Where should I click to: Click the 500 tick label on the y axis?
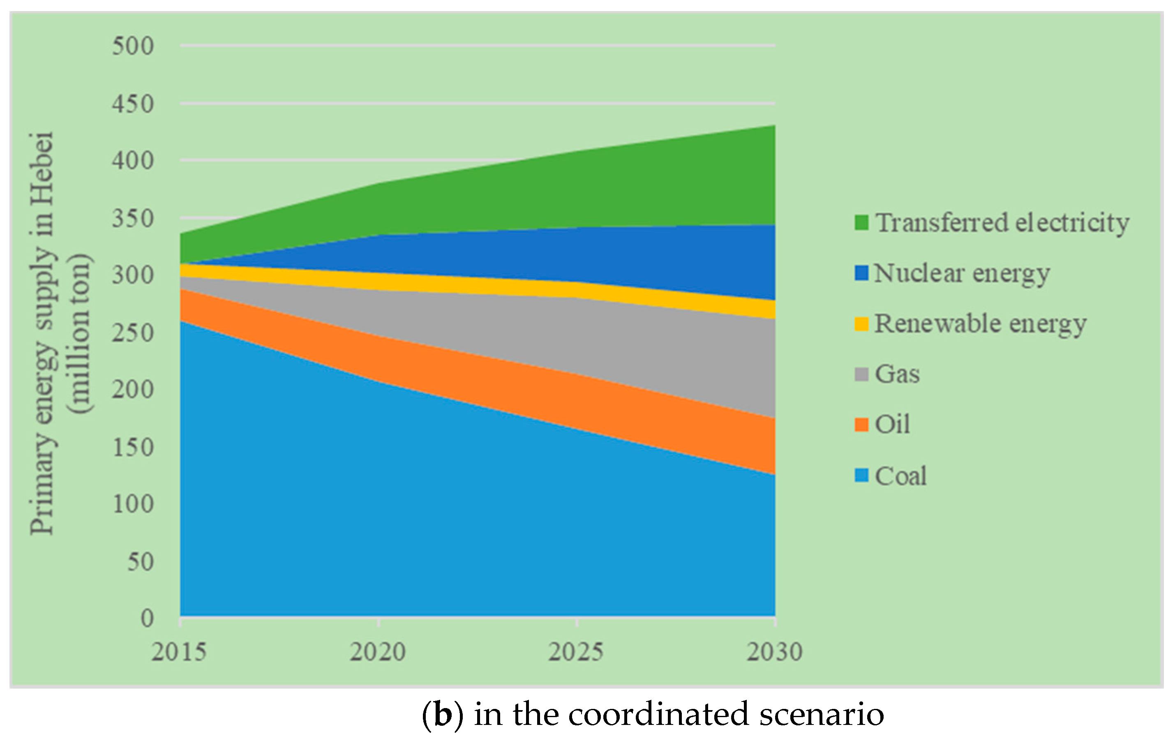[133, 46]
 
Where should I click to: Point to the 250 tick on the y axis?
[133, 333]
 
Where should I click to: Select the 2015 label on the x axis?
[179, 652]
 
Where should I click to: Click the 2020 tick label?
[378, 652]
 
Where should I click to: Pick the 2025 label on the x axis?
[576, 652]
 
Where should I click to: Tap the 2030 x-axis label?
[774, 652]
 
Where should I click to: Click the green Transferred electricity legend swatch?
[861, 222]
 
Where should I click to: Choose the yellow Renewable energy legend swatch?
[861, 324]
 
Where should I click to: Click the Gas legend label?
[897, 374]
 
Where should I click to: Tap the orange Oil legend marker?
[861, 425]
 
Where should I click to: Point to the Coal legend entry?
[900, 475]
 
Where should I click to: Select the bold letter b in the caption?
[443, 715]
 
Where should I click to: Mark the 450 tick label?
[133, 104]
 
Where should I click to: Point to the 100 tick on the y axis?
[133, 503]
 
